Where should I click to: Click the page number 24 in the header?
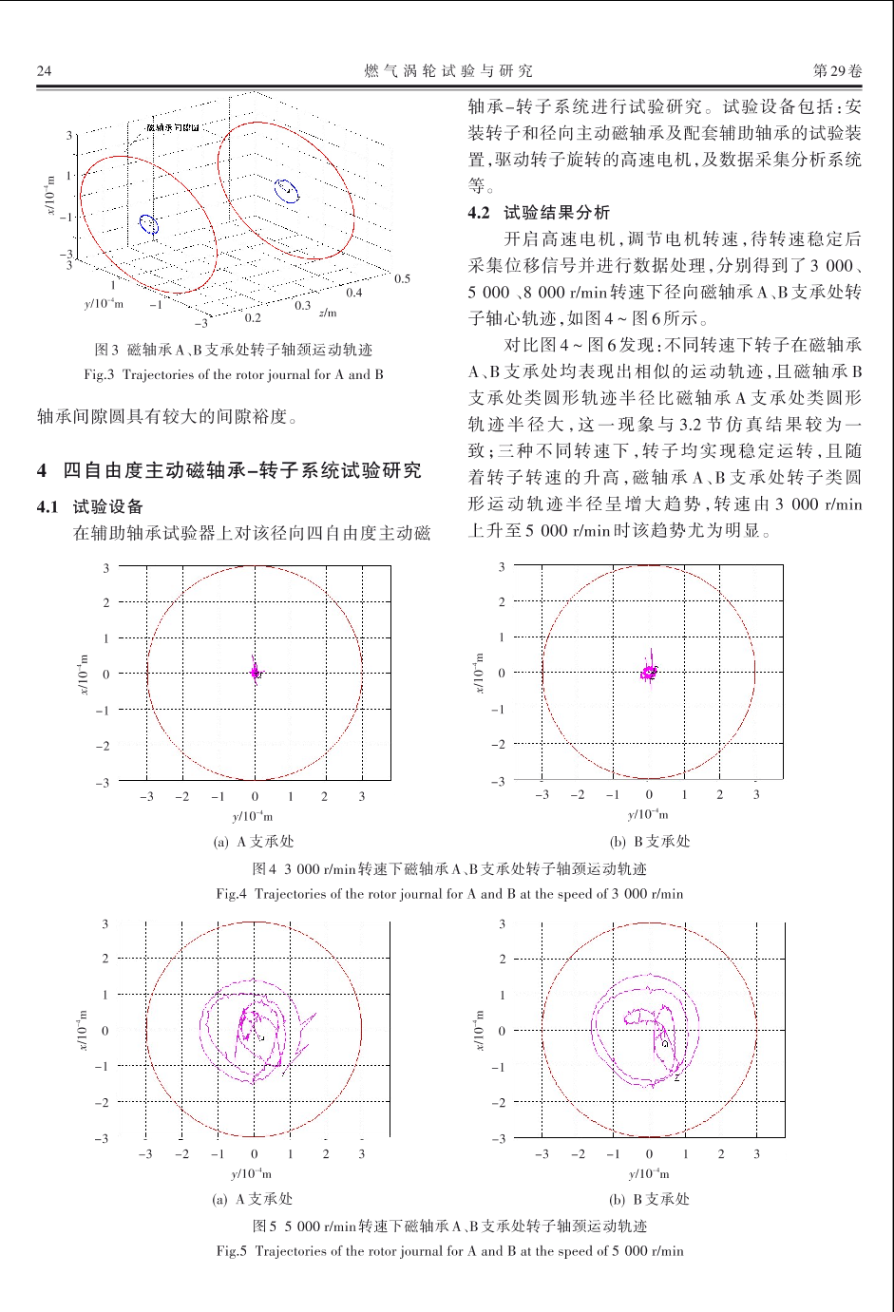coord(44,70)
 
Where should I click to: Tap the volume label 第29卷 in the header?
coord(837,70)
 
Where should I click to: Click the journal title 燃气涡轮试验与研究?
coord(448,70)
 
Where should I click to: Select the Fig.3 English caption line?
coord(234,374)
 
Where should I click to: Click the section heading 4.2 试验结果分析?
coord(539,212)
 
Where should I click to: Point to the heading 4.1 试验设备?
coord(90,506)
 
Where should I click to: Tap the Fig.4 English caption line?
coord(448,893)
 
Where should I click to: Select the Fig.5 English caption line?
coord(448,1250)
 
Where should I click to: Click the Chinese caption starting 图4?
coord(448,868)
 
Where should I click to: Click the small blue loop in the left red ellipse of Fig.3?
coord(147,224)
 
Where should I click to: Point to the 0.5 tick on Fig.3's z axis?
coord(403,278)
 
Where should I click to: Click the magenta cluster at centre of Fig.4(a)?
coord(255,671)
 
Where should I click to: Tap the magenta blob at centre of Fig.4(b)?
coord(649,672)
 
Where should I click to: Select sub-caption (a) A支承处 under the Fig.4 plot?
coord(253,841)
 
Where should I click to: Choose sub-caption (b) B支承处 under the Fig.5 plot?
coord(650,1199)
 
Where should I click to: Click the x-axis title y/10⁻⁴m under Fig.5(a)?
coord(252,1173)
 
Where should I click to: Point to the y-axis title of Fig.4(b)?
coord(480,673)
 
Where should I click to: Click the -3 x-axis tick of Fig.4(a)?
coord(147,796)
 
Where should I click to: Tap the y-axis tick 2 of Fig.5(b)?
coord(503,959)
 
